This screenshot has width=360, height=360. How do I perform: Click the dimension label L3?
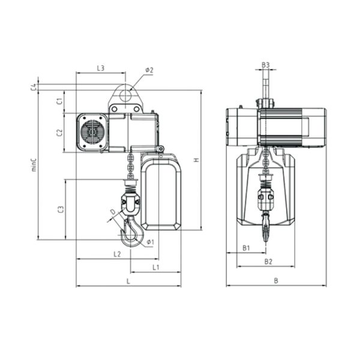tap(101, 68)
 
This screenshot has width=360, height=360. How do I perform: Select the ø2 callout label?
tap(149, 70)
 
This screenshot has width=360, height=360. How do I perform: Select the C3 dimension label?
tap(60, 209)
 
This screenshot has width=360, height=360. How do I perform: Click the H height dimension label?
tap(196, 160)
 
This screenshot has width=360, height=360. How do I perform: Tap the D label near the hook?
tap(112, 212)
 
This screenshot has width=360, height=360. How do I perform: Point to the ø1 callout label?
tap(149, 242)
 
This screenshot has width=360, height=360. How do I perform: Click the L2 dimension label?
tap(118, 254)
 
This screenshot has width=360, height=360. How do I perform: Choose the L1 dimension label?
tap(155, 267)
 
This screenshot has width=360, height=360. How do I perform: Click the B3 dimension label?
tap(265, 65)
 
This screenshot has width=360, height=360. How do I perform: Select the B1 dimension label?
tap(246, 248)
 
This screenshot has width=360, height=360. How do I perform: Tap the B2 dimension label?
tap(268, 261)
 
